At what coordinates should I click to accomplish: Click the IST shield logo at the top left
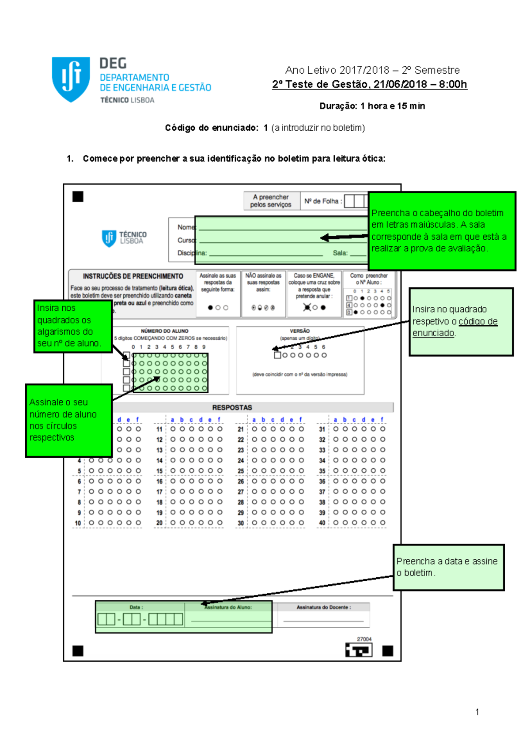point(71,79)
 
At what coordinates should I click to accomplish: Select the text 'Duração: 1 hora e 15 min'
point(372,106)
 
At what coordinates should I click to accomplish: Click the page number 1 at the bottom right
point(477,711)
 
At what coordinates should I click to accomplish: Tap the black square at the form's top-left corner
point(78,197)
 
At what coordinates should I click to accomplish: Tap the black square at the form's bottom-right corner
point(388,651)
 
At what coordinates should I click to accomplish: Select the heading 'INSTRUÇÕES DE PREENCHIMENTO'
point(133,276)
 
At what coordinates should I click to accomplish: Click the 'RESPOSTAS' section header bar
point(232,407)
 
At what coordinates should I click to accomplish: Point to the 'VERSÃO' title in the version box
point(299,331)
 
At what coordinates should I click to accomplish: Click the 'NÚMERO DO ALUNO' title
point(164,331)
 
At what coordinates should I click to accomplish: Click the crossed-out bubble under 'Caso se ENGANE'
point(307,308)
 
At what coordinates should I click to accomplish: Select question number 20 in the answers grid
point(159,523)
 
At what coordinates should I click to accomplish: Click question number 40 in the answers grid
point(322,523)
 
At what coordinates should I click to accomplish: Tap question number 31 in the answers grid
point(322,429)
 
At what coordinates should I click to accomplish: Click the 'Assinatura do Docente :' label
point(324,607)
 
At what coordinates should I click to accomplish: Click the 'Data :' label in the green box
point(136,607)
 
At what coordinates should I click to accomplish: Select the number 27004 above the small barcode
point(364,639)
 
